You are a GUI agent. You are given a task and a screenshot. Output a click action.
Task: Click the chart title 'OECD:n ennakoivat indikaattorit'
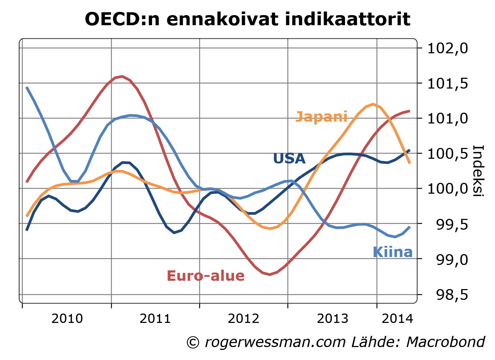click(247, 19)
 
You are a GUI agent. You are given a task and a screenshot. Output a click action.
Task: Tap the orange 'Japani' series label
click(321, 117)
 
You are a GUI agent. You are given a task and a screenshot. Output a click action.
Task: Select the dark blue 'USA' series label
click(289, 159)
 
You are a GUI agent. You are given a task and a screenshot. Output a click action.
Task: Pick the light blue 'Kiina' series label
click(393, 252)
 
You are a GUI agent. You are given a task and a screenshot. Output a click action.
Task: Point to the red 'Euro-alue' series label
click(206, 276)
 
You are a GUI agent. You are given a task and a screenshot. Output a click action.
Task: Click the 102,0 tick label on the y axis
click(447, 48)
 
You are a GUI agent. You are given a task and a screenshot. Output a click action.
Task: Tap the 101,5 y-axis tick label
click(447, 84)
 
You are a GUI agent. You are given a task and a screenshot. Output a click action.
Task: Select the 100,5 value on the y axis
click(447, 154)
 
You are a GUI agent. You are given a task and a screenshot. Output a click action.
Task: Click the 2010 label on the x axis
click(67, 319)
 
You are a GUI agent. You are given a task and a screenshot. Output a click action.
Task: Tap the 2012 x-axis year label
click(244, 319)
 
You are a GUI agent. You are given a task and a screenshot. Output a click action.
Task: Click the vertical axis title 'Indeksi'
click(478, 171)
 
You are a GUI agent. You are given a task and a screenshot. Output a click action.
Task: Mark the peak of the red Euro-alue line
click(122, 76)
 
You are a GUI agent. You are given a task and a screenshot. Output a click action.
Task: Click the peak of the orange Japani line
click(373, 104)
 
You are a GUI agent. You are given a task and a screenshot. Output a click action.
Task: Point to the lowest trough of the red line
click(270, 274)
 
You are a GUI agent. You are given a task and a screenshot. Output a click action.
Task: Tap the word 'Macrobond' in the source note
click(446, 342)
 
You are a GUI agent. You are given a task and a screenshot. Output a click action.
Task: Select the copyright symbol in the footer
click(193, 342)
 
